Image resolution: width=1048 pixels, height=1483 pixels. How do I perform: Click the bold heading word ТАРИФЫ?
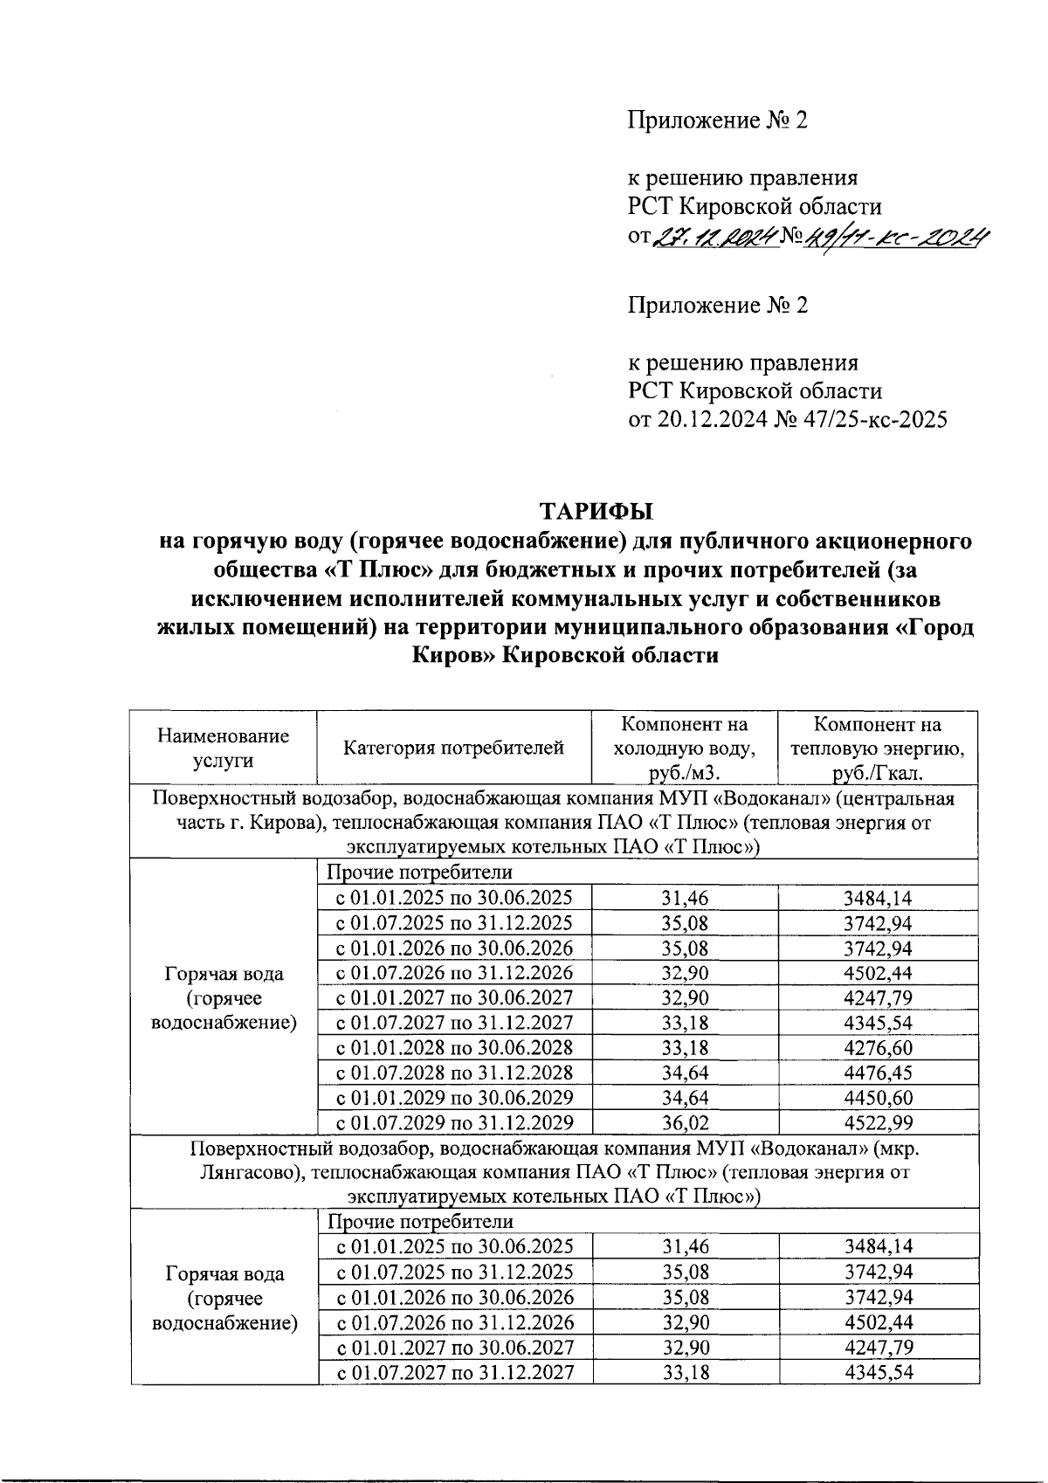596,510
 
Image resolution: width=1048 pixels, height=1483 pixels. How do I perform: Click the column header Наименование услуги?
223,748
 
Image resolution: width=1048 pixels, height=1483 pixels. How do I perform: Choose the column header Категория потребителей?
453,748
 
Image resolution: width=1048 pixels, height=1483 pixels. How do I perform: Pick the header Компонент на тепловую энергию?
877,748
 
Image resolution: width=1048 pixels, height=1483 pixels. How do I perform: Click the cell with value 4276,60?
879,1047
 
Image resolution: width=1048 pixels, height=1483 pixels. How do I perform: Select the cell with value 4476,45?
879,1073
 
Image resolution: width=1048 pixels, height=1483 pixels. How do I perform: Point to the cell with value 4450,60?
879,1097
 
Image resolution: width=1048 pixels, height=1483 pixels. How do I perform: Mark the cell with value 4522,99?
879,1122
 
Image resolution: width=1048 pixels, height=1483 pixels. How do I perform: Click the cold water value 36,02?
686,1122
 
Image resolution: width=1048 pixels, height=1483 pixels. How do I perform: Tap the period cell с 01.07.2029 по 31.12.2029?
454,1122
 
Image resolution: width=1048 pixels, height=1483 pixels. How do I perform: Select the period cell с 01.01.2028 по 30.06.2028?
454,1047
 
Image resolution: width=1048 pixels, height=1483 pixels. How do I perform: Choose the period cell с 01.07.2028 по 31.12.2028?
454,1073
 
